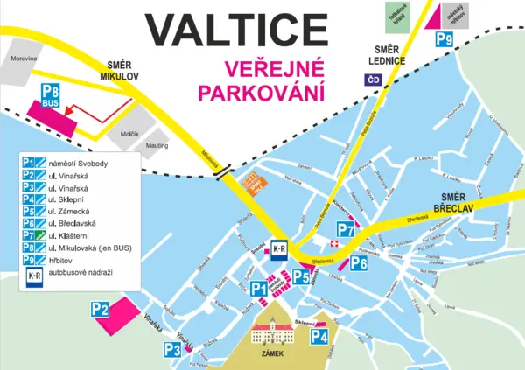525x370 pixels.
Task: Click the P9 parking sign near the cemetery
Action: [444, 38]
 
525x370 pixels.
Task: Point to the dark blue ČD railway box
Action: [375, 80]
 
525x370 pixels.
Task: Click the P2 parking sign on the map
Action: [100, 308]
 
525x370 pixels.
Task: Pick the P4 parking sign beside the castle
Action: [319, 337]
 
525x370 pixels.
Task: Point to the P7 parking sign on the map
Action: [346, 232]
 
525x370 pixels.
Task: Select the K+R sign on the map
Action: [279, 248]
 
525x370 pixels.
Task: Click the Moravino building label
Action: [24, 59]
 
